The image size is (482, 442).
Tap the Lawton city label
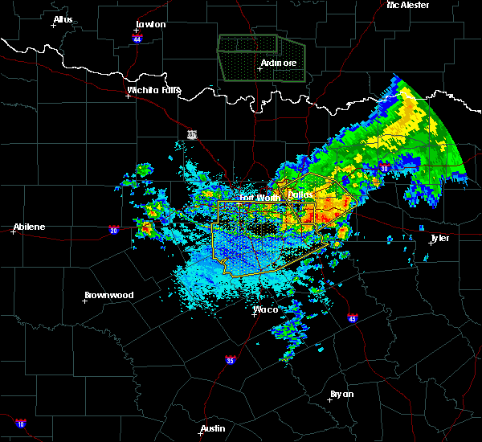pyautogui.click(x=150, y=24)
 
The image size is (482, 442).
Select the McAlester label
pyautogui.click(x=408, y=5)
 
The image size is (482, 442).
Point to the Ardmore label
pyautogui.click(x=278, y=63)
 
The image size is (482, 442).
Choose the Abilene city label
pyautogui.click(x=28, y=227)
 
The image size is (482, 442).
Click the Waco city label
pyautogui.click(x=266, y=309)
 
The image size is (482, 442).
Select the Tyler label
pyautogui.click(x=440, y=239)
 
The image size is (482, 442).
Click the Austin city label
pyautogui.click(x=213, y=428)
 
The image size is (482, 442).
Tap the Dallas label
pyautogui.click(x=300, y=195)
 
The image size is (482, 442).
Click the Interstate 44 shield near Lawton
pyautogui.click(x=137, y=39)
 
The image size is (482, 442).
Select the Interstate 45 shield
pyautogui.click(x=353, y=319)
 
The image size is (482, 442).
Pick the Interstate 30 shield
pyautogui.click(x=384, y=168)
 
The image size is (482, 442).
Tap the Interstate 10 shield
pyautogui.click(x=20, y=424)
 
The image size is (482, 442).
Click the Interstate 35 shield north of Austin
pyautogui.click(x=231, y=359)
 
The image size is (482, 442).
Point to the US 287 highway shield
pyautogui.click(x=192, y=134)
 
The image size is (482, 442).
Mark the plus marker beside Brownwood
pyautogui.click(x=85, y=301)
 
